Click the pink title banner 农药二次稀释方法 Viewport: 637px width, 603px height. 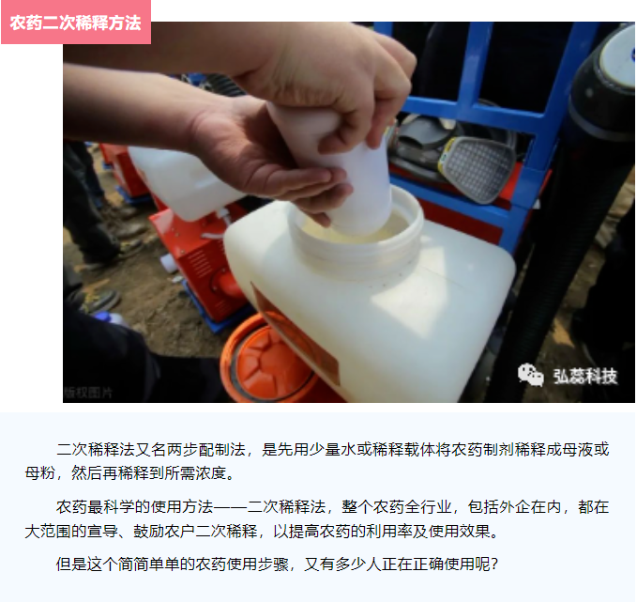[76, 22]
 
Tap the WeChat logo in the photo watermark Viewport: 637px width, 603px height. [530, 375]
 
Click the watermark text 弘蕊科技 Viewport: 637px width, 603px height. [585, 376]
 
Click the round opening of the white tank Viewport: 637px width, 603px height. [357, 227]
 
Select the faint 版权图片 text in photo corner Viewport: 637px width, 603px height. [88, 393]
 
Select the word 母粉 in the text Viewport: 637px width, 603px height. [39, 473]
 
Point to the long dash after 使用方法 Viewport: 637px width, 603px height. [230, 507]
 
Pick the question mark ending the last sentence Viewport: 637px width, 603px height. [494, 564]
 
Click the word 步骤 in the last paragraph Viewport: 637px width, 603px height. [273, 564]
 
